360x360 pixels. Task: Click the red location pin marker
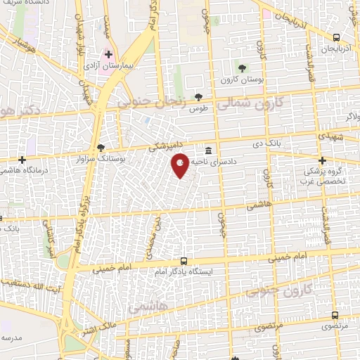(181, 165)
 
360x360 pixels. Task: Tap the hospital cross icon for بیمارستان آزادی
(109, 54)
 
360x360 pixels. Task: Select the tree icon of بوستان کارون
(242, 68)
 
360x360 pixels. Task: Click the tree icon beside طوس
(199, 98)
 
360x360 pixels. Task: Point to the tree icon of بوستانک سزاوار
(101, 148)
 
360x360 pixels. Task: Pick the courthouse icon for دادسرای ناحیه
(209, 150)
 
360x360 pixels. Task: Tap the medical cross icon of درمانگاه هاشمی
(23, 159)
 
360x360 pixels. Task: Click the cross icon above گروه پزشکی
(322, 160)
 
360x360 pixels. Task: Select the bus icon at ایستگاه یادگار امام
(184, 260)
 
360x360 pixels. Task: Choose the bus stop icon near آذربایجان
(336, 37)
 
